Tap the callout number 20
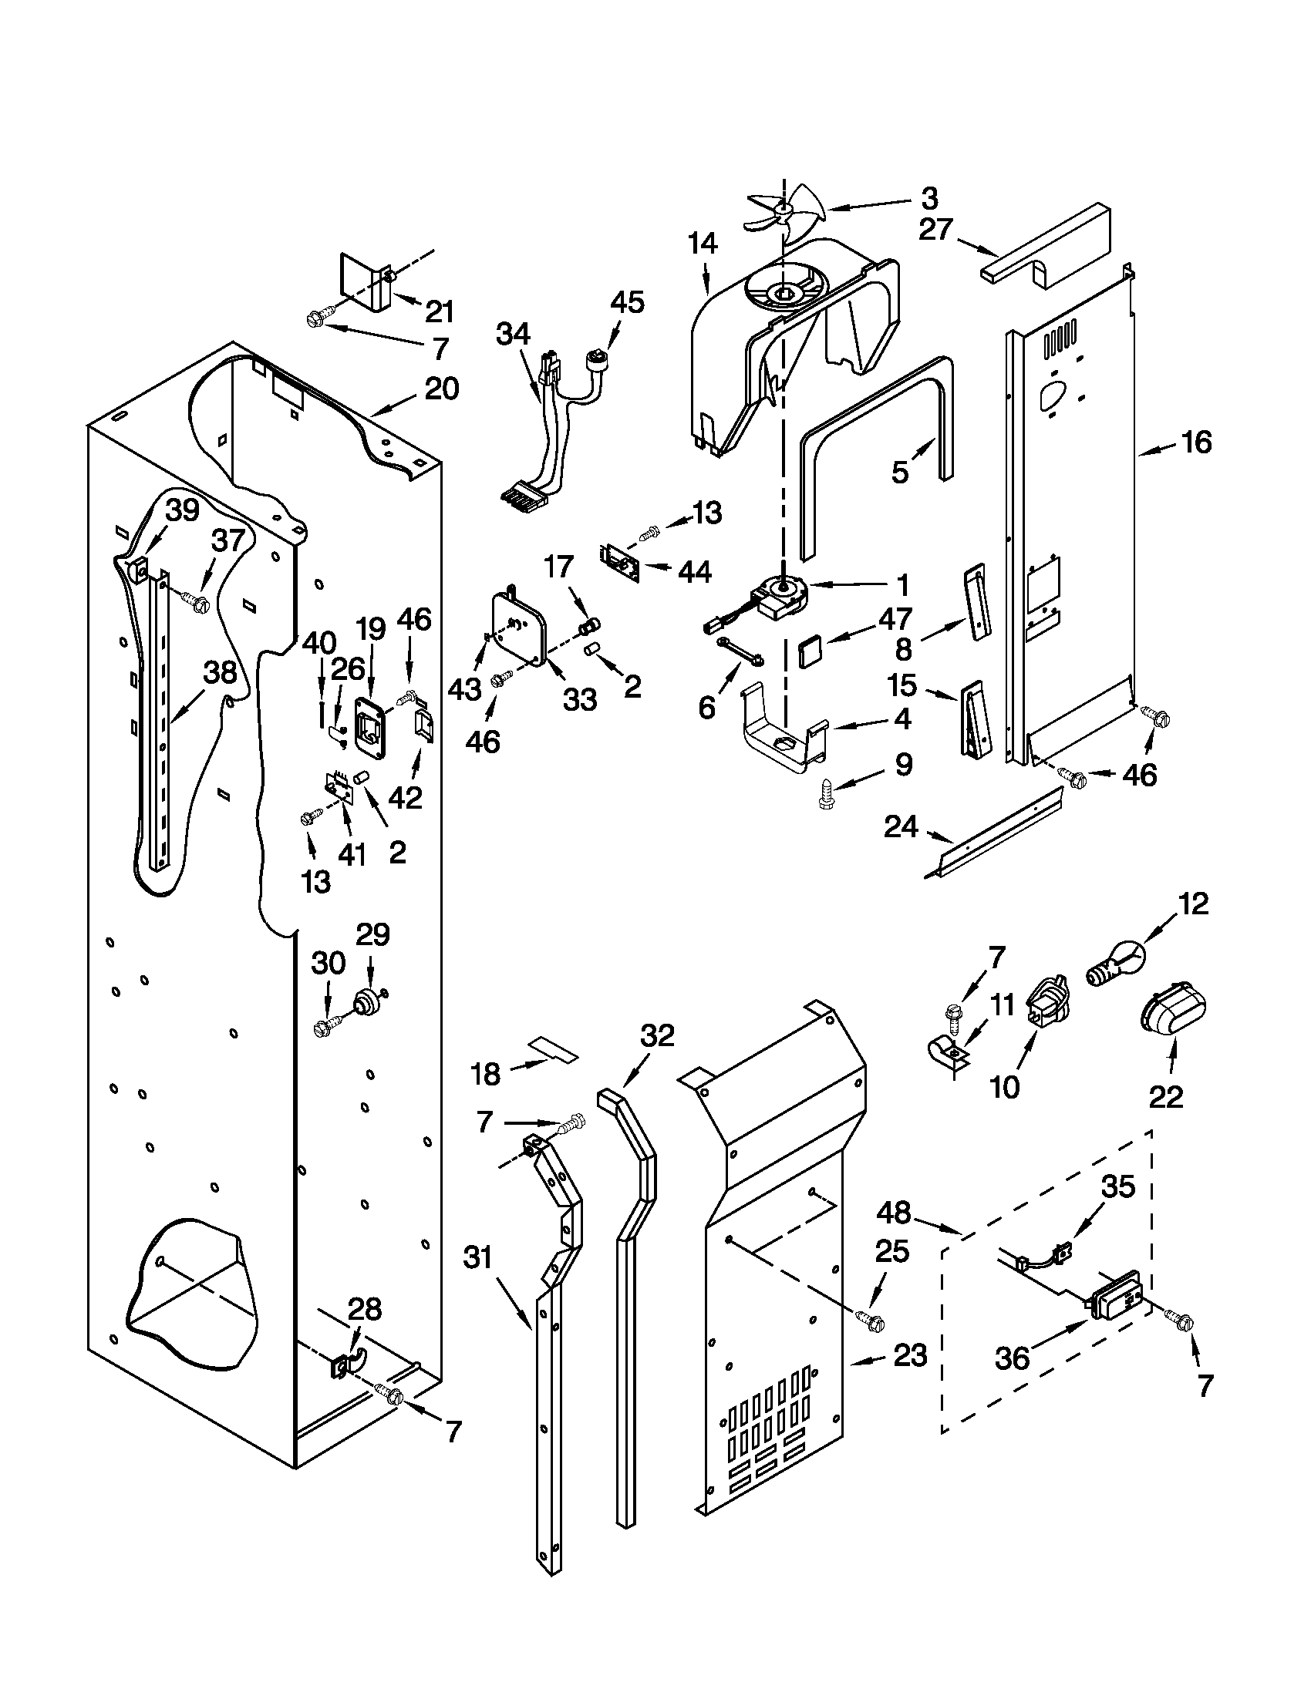click(x=441, y=389)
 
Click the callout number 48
click(x=893, y=1212)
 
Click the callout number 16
click(x=1196, y=443)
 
